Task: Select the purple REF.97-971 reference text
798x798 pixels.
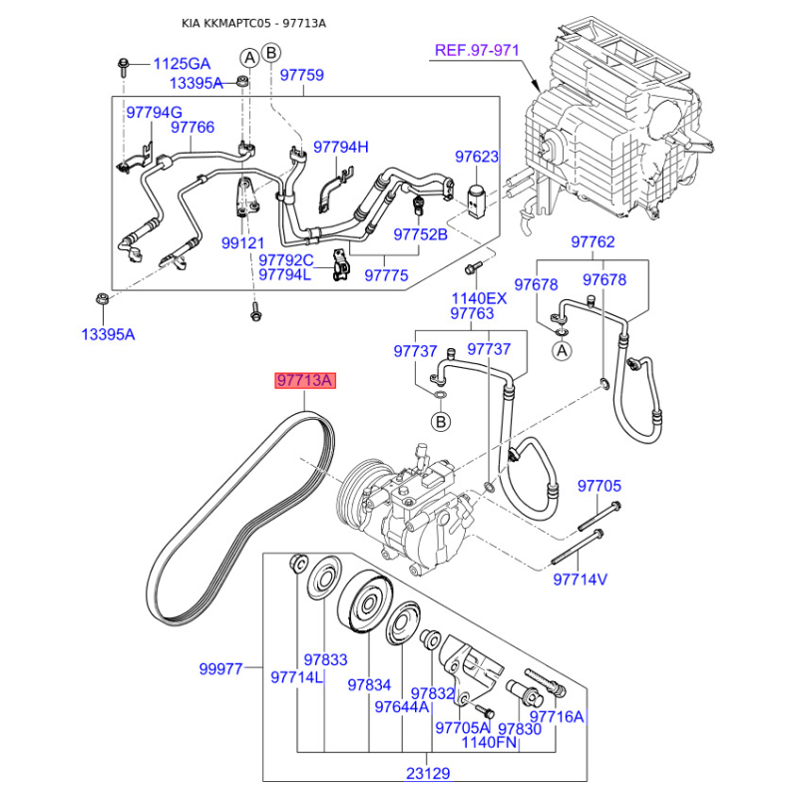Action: tap(478, 50)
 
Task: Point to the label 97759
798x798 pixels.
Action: tap(301, 74)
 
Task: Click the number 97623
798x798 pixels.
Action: tap(477, 157)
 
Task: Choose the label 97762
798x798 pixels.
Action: tap(593, 242)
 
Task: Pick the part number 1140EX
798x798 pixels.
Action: tap(479, 297)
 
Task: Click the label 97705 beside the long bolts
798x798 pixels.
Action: tap(599, 486)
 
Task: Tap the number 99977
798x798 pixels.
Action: tap(220, 668)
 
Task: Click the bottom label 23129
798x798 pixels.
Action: tap(428, 771)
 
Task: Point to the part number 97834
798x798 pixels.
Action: tap(369, 685)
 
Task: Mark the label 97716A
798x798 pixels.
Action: tap(557, 716)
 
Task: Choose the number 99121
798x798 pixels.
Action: tap(243, 243)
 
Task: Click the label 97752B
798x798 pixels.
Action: tap(420, 234)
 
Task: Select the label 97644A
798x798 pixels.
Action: tap(401, 706)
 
